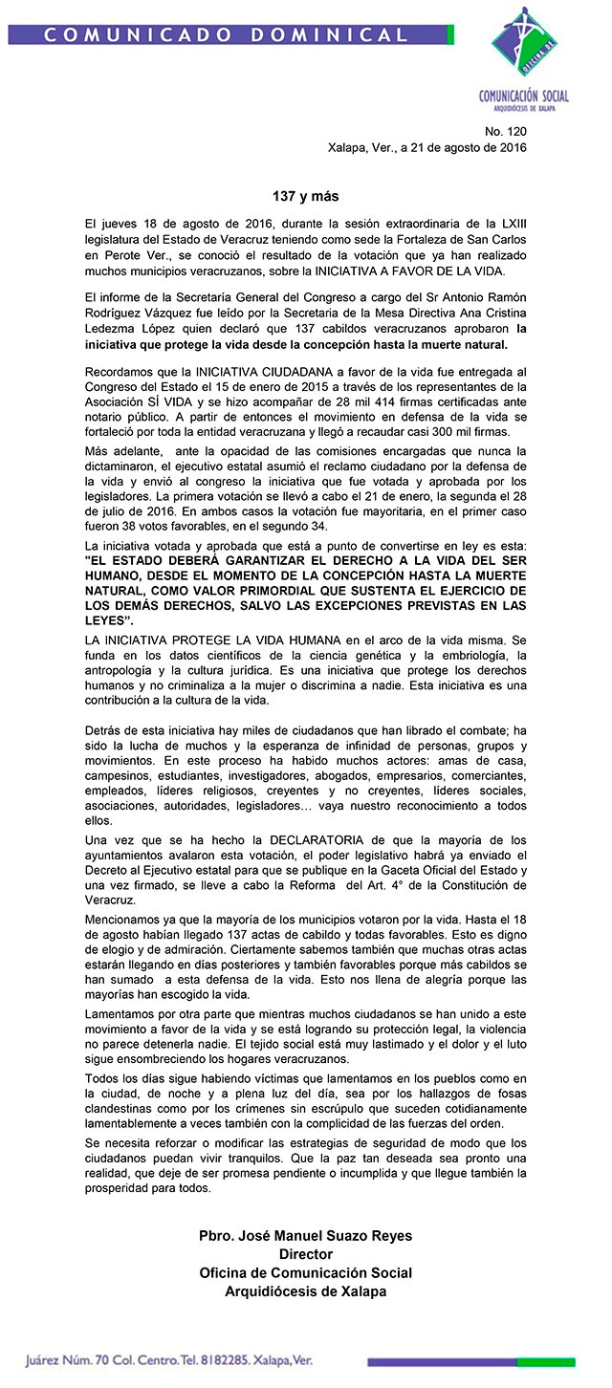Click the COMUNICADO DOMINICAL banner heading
(x=226, y=35)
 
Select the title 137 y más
(x=305, y=197)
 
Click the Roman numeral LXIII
(x=509, y=223)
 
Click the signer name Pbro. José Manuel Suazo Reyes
(x=305, y=1236)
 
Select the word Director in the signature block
(x=305, y=1254)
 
